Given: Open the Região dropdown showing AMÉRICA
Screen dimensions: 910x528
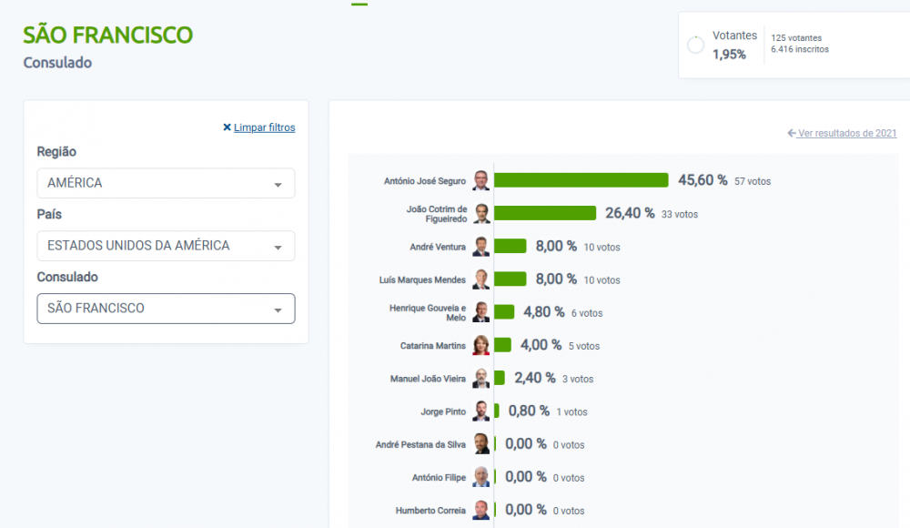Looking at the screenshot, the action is [166, 183].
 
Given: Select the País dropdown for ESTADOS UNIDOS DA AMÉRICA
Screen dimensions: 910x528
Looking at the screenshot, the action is [166, 246].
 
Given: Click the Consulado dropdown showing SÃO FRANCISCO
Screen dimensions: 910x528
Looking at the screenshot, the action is [166, 309].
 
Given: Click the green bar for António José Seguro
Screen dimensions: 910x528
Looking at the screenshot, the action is [581, 180].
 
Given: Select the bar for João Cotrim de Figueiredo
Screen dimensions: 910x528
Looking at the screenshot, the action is [545, 213].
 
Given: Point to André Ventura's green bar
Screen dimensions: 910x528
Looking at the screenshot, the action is [511, 247].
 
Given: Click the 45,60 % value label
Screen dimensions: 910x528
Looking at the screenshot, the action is [703, 180].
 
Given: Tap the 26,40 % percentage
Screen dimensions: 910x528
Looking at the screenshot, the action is [630, 213].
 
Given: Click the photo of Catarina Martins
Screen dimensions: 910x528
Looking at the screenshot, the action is [481, 345].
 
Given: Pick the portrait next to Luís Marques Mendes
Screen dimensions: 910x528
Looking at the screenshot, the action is [481, 279].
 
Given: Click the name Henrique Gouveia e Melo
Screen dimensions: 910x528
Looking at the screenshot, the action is [428, 312].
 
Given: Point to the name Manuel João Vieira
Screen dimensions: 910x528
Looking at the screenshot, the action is [428, 379].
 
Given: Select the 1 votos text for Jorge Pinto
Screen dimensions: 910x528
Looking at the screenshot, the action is [571, 411].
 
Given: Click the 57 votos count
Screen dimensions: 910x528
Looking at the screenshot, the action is [753, 181].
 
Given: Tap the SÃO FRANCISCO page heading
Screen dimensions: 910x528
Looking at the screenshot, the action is [108, 35].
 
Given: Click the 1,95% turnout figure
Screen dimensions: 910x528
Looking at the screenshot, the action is [729, 55].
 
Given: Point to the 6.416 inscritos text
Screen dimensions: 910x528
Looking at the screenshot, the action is [800, 49].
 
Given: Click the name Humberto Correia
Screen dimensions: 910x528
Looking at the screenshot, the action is [430, 511].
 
